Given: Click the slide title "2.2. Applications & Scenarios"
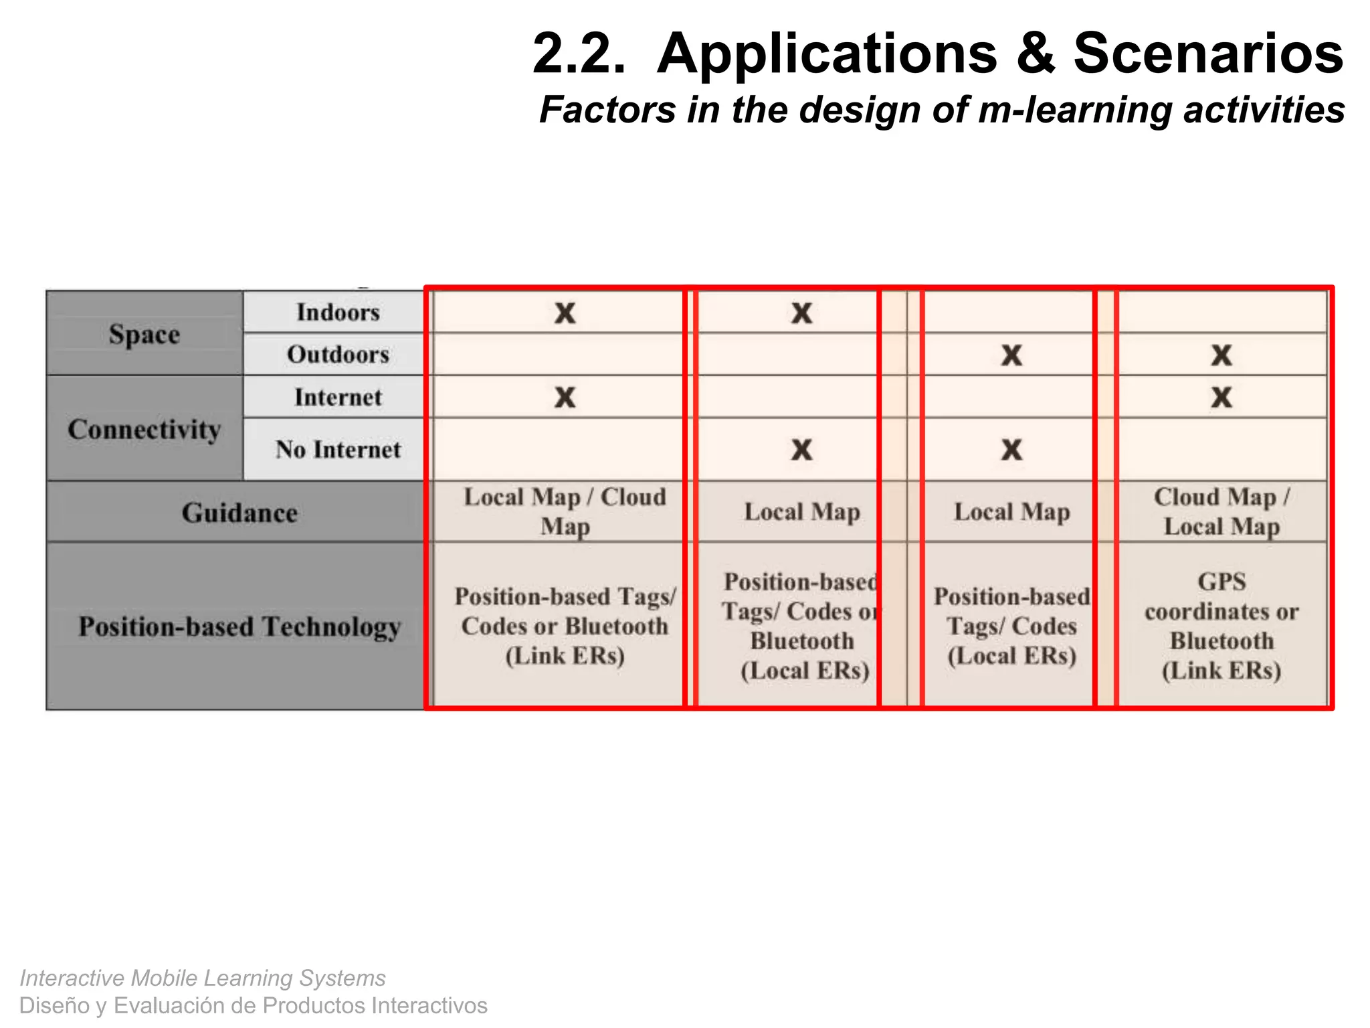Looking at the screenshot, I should coord(937,54).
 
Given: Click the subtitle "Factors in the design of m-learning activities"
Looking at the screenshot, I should coord(942,110).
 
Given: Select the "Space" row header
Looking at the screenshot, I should coord(144,333).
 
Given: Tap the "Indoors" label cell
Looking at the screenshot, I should coord(338,312).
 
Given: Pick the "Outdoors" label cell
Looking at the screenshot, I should coord(338,354).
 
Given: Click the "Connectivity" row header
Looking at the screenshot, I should coord(144,429).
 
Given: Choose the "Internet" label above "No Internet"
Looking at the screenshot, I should coord(338,397).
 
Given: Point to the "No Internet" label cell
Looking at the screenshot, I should coord(338,449).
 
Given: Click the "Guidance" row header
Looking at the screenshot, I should coord(239,513).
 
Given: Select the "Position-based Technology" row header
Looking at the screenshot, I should coord(239,626).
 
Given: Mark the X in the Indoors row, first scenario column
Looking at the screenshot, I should coord(565,313).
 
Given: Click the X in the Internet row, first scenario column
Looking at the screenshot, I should coord(565,397).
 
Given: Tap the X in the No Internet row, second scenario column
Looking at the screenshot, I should coord(801,449).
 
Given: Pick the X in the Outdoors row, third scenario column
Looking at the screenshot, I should coord(1011,355).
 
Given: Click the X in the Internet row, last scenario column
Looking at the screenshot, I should coord(1221,397).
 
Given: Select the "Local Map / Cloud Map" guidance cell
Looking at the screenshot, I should coord(565,511).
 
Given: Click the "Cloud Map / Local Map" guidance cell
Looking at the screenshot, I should coord(1221,511).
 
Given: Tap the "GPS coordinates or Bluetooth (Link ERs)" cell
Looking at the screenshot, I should coord(1221,626).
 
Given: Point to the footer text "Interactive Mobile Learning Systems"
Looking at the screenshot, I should coord(203,978).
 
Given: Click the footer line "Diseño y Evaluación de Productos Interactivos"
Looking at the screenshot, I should coord(253,1005).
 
